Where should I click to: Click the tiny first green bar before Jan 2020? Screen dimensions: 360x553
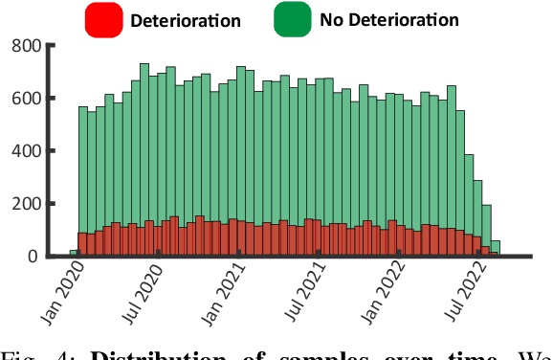[x=73, y=253]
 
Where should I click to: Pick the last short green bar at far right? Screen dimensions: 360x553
[x=495, y=247]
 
